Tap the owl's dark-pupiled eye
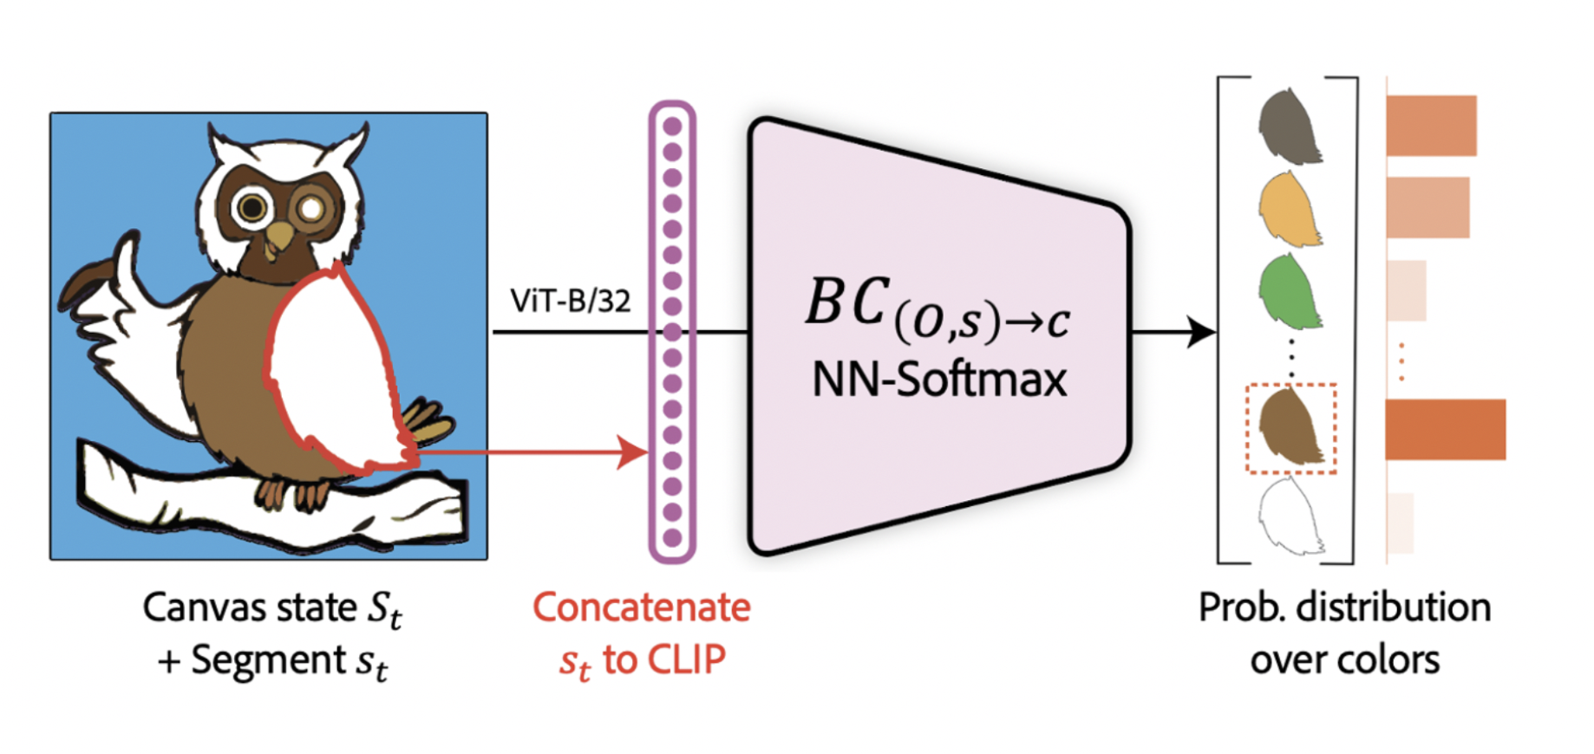[253, 207]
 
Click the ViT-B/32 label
[570, 301]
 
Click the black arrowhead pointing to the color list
[1200, 331]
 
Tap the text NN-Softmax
[939, 380]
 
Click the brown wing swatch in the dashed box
[1290, 428]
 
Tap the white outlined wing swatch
[1290, 518]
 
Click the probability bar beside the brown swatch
[1445, 429]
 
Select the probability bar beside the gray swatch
[1431, 126]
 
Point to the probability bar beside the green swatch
[1406, 290]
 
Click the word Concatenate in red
[641, 608]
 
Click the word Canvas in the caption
[201, 608]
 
